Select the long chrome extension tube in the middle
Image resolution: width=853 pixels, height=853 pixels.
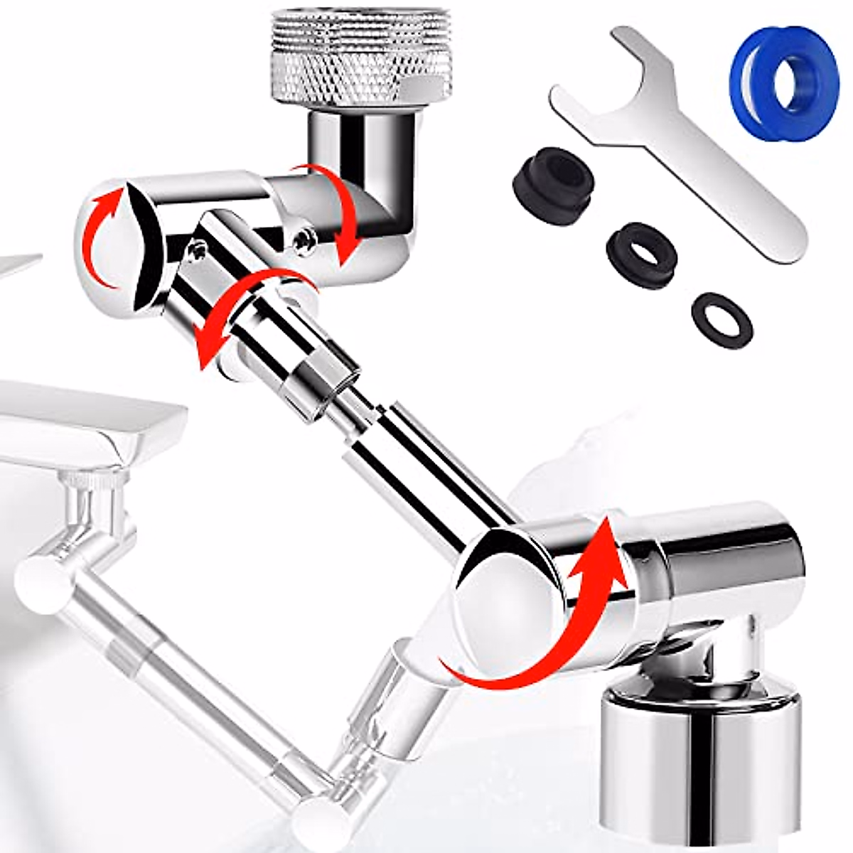[426, 469]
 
